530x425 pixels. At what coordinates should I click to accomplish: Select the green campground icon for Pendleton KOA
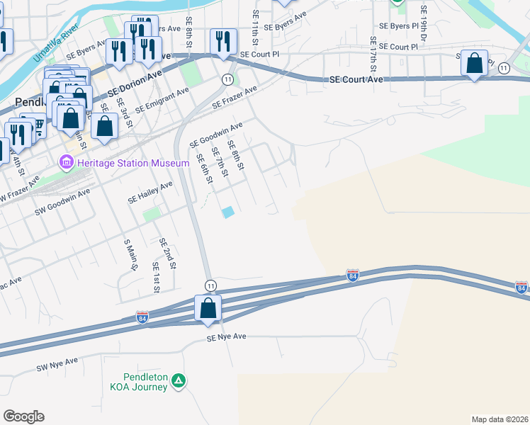coord(179,381)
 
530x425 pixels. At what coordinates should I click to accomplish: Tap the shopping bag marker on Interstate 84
coord(208,309)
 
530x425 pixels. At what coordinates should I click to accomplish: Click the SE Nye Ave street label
coord(226,337)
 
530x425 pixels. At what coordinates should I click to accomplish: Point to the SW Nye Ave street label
coord(57,365)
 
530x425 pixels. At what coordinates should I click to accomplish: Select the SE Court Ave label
coord(356,80)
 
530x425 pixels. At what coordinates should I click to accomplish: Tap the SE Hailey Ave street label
coord(150,193)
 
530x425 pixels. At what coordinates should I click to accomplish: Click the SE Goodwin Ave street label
coord(216,135)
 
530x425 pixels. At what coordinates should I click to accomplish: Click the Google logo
coord(24,416)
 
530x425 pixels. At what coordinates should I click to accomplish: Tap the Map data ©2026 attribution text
coord(500,419)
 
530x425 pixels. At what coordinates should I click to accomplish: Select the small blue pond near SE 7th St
coord(227,212)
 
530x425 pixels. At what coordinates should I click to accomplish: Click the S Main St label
coord(130,255)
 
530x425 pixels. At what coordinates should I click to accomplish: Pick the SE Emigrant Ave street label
coord(162,100)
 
